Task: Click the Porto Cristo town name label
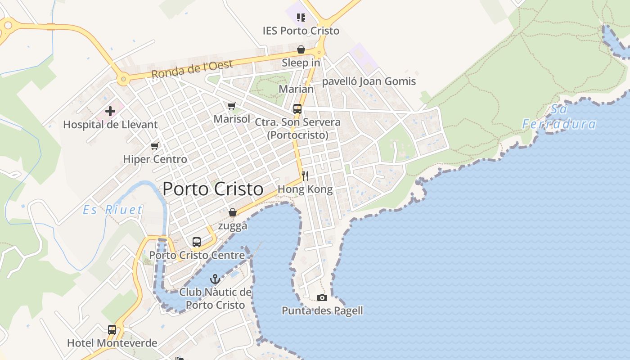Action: (213, 189)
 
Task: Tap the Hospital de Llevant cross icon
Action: (110, 111)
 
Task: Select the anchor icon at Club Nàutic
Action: (215, 279)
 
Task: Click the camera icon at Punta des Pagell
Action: (322, 297)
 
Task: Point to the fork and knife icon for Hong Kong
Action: (305, 175)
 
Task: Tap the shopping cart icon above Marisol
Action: (232, 106)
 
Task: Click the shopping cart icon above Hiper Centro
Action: (155, 146)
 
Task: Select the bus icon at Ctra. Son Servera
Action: (297, 109)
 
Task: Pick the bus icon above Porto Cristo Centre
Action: (197, 242)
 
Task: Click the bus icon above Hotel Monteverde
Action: (112, 330)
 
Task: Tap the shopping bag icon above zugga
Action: (233, 212)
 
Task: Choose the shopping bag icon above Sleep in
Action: (301, 49)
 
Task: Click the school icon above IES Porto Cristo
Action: (301, 18)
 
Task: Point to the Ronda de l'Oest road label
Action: (192, 69)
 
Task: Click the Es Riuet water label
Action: (112, 210)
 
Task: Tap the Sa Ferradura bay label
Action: (559, 117)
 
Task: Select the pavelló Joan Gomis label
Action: (369, 81)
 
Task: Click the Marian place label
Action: (296, 89)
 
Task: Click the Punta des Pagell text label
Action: (322, 310)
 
